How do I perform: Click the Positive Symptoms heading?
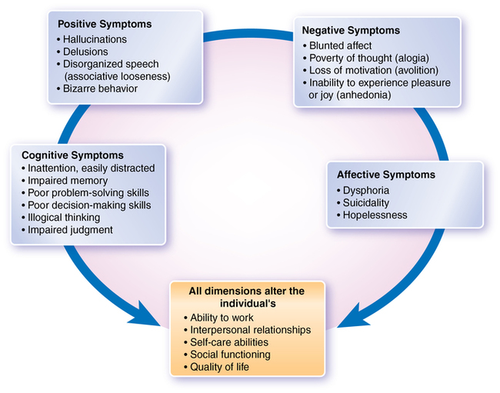[x=105, y=24]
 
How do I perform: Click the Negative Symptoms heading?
[x=352, y=30]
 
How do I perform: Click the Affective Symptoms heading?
[x=385, y=175]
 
